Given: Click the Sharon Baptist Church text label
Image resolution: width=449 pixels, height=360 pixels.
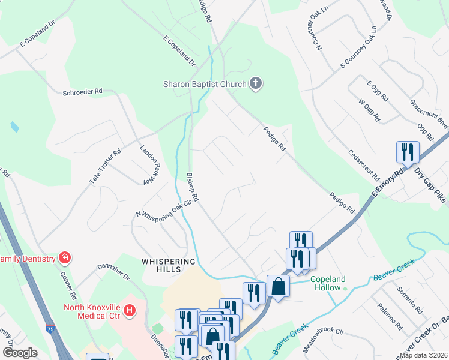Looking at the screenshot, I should point(205,84).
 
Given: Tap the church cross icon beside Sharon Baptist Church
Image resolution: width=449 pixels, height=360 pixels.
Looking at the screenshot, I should point(256,83).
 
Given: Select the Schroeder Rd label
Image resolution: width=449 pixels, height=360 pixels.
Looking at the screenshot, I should point(83,92).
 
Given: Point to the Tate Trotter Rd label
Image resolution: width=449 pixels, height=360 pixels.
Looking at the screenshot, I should point(106,166).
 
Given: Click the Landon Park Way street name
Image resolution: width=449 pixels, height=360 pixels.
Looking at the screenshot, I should point(150,164).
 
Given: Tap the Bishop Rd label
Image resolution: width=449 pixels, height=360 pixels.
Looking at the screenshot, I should point(192,187).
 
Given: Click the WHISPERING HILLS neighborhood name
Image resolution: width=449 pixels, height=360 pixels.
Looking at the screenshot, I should point(168,266).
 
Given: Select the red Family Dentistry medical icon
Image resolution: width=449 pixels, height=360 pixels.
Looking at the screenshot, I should point(64,259).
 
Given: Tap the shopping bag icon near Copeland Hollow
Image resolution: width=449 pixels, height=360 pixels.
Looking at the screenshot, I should point(278,286).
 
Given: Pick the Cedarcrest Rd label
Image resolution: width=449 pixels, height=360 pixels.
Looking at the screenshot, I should point(364,164).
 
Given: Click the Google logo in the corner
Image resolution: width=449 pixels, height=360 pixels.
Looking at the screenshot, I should point(20,353).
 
